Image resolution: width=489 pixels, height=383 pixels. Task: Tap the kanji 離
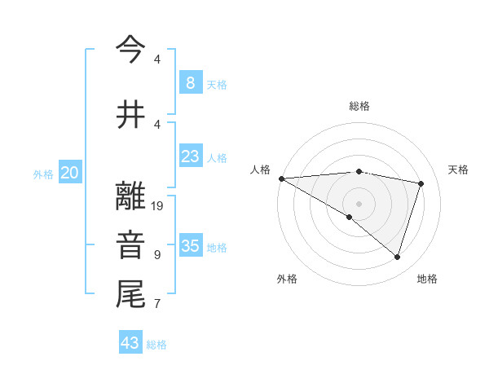pos(130,198)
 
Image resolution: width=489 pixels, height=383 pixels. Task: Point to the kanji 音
pos(130,246)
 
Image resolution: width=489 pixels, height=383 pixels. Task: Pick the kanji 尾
pos(130,294)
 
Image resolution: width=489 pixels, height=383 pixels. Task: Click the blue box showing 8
pos(190,82)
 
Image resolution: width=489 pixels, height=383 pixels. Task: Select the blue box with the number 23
pos(190,156)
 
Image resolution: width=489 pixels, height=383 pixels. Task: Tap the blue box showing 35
pos(190,246)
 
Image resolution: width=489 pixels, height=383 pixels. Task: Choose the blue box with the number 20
pos(70,173)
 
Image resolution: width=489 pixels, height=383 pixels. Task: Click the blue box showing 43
pos(130,343)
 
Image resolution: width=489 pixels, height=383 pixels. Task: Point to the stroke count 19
pos(158,206)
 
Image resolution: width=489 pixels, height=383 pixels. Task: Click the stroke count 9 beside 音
pos(157,255)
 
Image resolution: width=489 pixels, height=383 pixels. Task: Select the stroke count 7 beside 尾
pos(157,304)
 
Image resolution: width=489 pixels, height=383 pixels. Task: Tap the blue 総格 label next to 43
pos(157,345)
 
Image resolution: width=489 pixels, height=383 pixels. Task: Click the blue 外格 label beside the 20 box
pos(43,174)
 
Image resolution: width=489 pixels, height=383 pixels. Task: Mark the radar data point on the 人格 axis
pos(281,178)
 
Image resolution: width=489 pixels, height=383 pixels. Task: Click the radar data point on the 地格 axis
pos(397,257)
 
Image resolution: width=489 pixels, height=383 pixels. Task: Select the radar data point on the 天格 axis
pos(421,183)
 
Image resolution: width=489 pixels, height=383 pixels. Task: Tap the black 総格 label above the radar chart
pos(359,106)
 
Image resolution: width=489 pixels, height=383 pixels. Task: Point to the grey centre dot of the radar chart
pos(359,202)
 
